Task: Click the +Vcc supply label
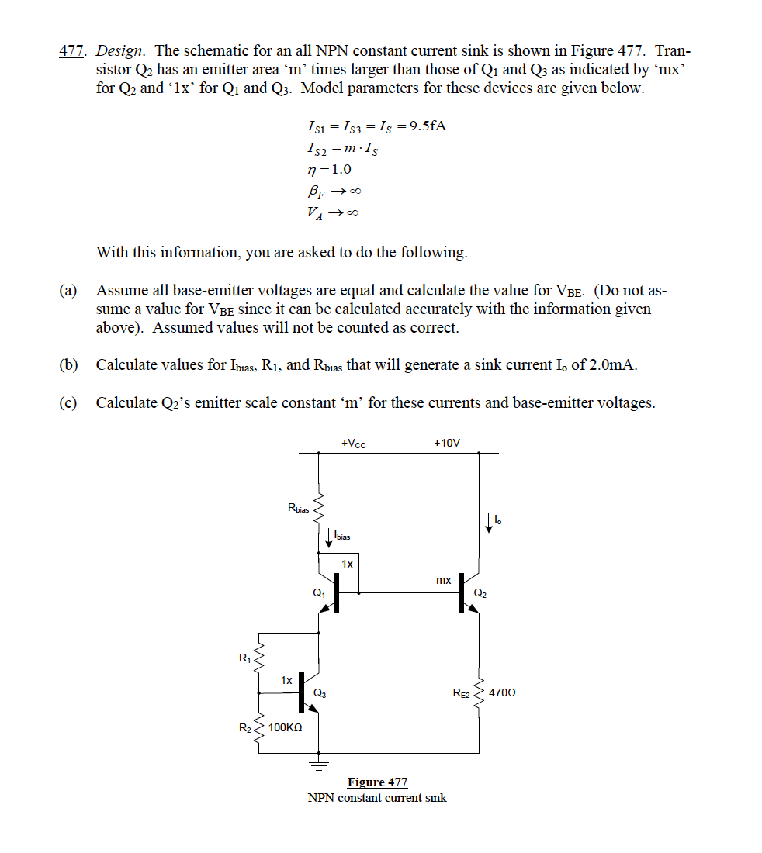[x=353, y=443]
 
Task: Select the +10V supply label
[x=447, y=443]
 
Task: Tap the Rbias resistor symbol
[x=319, y=509]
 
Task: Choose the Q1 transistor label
[x=318, y=592]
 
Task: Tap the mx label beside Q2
[x=443, y=579]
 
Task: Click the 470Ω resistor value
[x=503, y=692]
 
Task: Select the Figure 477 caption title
[x=377, y=782]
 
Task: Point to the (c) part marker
[x=68, y=402]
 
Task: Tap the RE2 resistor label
[x=462, y=692]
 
